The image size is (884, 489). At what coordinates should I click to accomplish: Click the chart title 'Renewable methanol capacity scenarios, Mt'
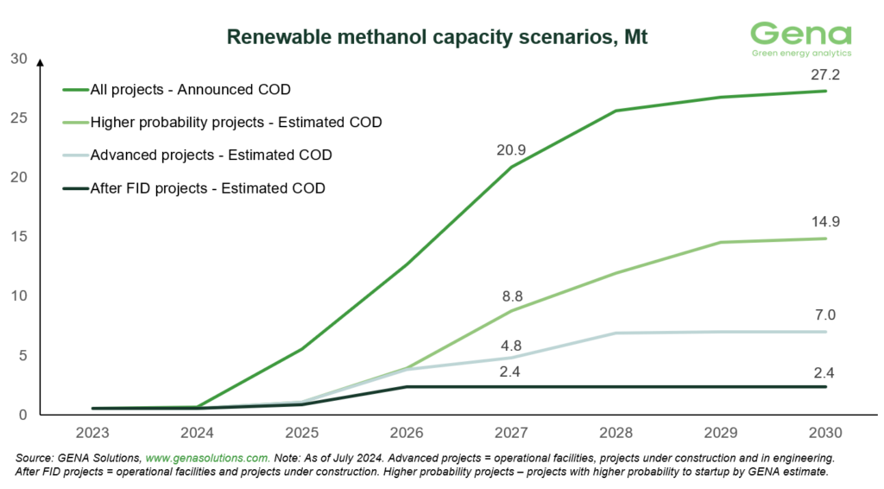pyautogui.click(x=436, y=37)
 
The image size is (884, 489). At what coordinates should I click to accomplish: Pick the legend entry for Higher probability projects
pyautogui.click(x=236, y=122)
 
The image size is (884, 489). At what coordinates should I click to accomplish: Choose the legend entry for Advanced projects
pyautogui.click(x=211, y=155)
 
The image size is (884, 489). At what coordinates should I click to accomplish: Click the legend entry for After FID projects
pyautogui.click(x=207, y=187)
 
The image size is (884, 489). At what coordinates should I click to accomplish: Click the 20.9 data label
pyautogui.click(x=511, y=149)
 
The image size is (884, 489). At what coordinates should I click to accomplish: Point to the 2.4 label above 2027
pyautogui.click(x=511, y=372)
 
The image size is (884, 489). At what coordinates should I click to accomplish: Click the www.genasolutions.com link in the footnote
pyautogui.click(x=208, y=456)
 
